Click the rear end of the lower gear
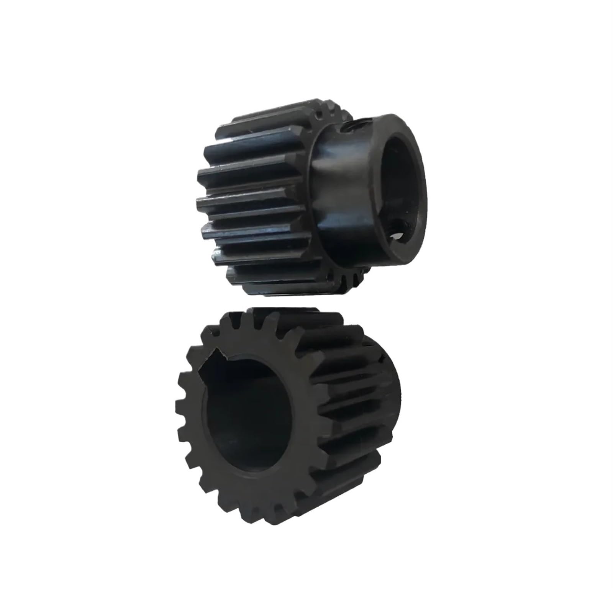pos(387,383)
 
